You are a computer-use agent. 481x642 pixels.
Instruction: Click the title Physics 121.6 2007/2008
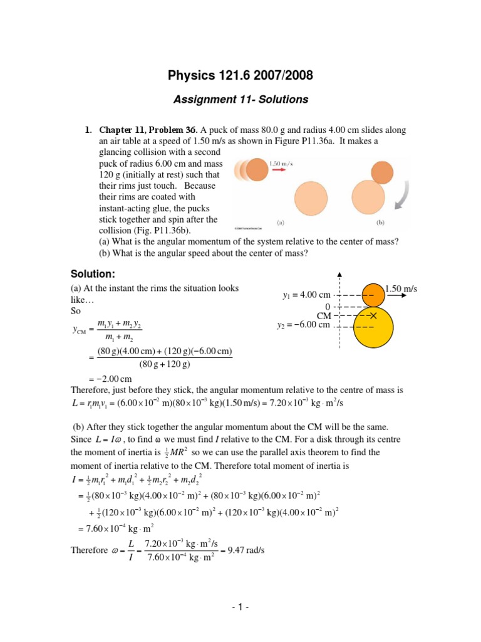(240, 76)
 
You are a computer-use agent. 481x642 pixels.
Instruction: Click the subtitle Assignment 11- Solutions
(240, 99)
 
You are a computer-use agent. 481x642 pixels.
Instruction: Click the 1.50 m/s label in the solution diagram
(401, 288)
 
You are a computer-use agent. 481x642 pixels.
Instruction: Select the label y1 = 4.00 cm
(306, 295)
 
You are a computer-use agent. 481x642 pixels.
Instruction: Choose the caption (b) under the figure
(380, 223)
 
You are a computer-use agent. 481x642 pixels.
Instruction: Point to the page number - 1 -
(240, 608)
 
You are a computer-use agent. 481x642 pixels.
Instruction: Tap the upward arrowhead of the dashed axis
(339, 274)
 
